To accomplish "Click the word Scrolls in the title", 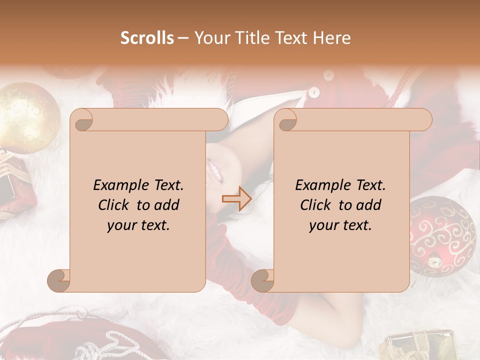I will pos(147,38).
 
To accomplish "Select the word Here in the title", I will pos(332,38).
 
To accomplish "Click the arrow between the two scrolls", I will pos(236,198).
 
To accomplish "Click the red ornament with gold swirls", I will pos(440,235).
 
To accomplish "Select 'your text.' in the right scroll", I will pos(340,225).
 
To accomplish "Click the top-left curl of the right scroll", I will pos(286,120).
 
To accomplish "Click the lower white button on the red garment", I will pos(314,92).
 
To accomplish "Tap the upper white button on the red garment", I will pos(328,75).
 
